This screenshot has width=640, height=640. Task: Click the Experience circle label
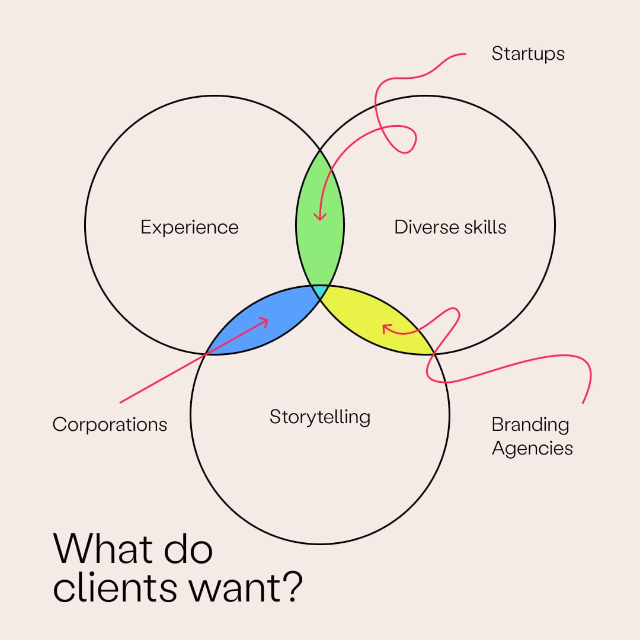[x=189, y=227]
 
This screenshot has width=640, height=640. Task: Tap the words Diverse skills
[x=450, y=227]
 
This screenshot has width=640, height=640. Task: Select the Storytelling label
[x=319, y=417]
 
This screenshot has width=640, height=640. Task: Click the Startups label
[x=528, y=54]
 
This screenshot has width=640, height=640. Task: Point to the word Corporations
[x=110, y=424]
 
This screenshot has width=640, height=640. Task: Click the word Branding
[x=530, y=424]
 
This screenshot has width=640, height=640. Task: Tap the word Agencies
[x=532, y=448]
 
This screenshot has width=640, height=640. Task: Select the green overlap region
[x=320, y=249]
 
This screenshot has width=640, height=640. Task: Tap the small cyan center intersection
[x=320, y=292]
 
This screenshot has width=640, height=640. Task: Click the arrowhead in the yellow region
[x=386, y=327]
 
